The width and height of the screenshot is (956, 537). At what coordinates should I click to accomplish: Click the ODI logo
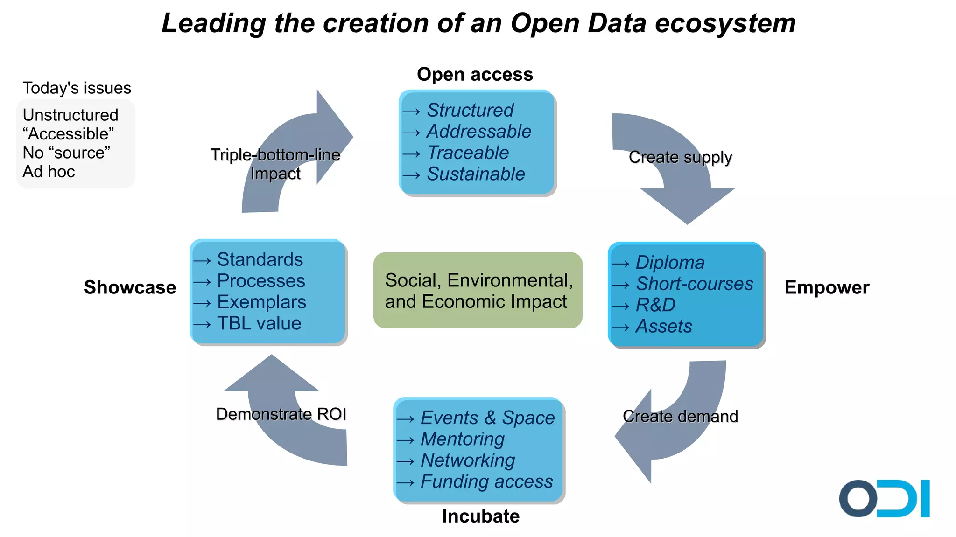pyautogui.click(x=884, y=498)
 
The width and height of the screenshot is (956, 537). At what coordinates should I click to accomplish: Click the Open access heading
pyautogui.click(x=475, y=74)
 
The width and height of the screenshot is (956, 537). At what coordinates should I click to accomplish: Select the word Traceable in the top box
pyautogui.click(x=468, y=153)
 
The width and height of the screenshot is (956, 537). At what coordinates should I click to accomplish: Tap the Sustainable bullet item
pyautogui.click(x=476, y=174)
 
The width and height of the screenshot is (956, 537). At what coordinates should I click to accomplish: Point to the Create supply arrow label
pyautogui.click(x=680, y=157)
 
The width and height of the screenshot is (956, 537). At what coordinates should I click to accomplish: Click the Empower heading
pyautogui.click(x=827, y=287)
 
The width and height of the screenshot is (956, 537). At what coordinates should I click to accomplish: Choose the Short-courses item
pyautogui.click(x=694, y=284)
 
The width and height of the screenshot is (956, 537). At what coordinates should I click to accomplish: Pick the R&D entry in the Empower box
pyautogui.click(x=655, y=305)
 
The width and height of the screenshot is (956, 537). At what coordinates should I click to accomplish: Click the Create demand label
pyautogui.click(x=680, y=416)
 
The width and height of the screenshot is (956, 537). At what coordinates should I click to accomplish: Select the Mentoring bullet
pyautogui.click(x=462, y=439)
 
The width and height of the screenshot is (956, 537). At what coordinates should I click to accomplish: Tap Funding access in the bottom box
pyautogui.click(x=486, y=481)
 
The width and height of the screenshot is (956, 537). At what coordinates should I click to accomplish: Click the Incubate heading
pyautogui.click(x=480, y=516)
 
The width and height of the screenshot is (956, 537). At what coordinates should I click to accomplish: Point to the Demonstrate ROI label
pyautogui.click(x=281, y=414)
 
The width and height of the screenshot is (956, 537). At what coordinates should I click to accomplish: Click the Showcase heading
pyautogui.click(x=130, y=287)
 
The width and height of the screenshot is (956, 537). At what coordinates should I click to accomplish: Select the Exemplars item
pyautogui.click(x=261, y=302)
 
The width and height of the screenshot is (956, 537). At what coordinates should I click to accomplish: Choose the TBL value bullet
pyautogui.click(x=259, y=323)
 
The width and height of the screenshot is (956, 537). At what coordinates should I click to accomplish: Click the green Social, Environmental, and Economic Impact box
pyautogui.click(x=478, y=291)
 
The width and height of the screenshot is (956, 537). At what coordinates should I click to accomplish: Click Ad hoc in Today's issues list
pyautogui.click(x=49, y=172)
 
